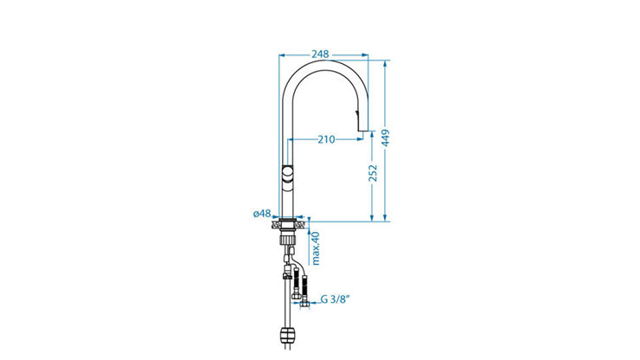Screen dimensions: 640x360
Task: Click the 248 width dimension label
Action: pos(320,54)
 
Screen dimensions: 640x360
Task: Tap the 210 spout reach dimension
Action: pos(327,139)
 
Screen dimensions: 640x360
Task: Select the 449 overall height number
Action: pos(386,138)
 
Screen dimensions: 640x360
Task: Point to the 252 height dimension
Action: pos(373,174)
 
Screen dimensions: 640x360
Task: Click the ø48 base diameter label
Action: pos(262,213)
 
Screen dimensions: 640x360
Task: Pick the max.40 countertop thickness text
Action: pos(316,248)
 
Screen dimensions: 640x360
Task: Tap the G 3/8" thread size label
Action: pos(336,299)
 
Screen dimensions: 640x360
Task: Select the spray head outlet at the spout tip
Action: pos(363,127)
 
